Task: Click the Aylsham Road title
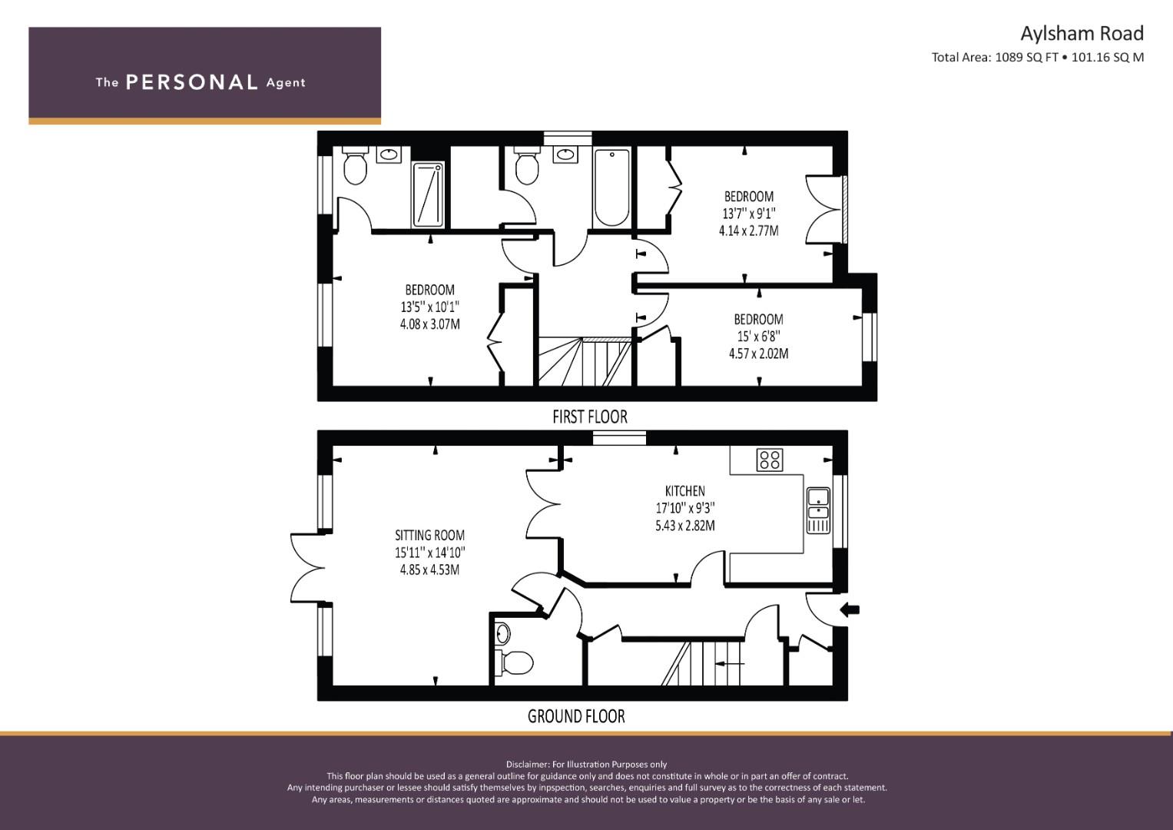[1082, 34]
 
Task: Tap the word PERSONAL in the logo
[192, 82]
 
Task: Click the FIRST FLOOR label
[590, 417]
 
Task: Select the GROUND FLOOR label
[576, 716]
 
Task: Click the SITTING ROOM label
[429, 535]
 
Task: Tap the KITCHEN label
[685, 491]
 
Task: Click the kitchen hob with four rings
[770, 460]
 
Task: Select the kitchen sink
[818, 510]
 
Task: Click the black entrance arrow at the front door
[850, 609]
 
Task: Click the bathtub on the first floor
[611, 188]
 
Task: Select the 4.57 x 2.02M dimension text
[758, 354]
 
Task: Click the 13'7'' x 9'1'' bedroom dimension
[749, 214]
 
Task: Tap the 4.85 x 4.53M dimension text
[429, 569]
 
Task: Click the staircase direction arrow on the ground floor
[730, 663]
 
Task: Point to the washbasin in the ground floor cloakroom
[502, 633]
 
